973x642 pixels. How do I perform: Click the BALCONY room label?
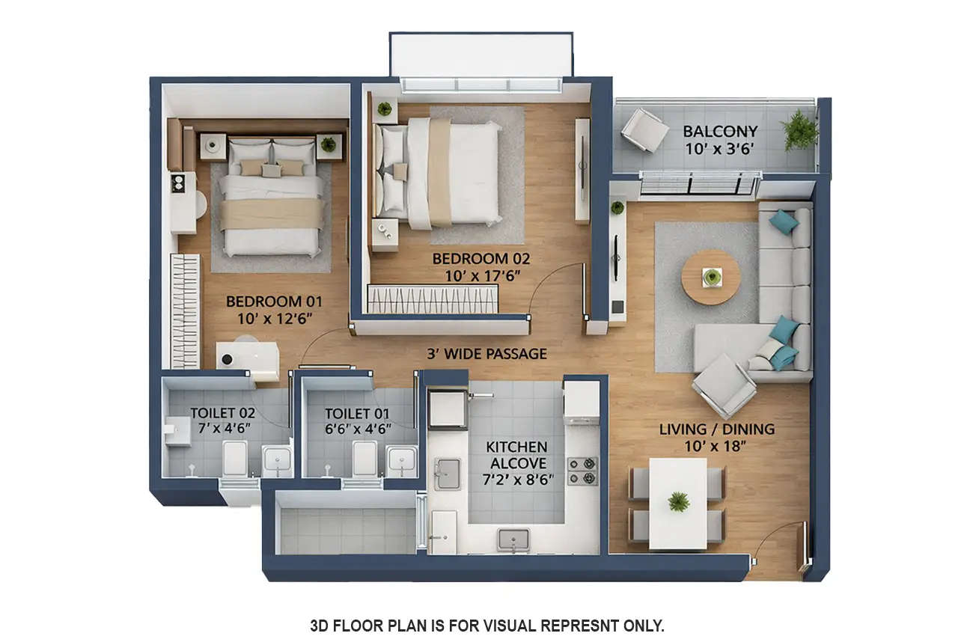coord(720,131)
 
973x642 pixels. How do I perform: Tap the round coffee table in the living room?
coord(710,277)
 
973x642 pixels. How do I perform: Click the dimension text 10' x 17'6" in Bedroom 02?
coord(481,275)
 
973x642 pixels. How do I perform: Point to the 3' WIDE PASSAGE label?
coord(487,354)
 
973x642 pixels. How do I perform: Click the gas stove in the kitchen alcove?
coord(582,471)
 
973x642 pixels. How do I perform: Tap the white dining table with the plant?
coord(678,503)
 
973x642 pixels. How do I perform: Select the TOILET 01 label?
coord(357,413)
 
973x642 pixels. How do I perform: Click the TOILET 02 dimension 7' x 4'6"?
coord(222,428)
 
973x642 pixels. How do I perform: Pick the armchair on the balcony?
coord(644,129)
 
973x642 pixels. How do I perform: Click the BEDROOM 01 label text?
coord(274,302)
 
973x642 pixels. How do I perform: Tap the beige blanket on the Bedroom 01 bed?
coord(272,213)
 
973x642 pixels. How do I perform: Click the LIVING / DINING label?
coord(716,429)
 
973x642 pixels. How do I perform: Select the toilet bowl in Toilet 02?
coord(234,458)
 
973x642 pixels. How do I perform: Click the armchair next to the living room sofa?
coord(724,385)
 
